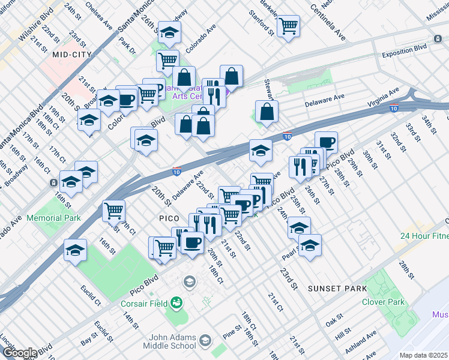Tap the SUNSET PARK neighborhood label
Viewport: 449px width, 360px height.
pos(337,289)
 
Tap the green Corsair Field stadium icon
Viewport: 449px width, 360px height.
pos(176,302)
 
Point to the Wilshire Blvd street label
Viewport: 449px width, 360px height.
pos(34,28)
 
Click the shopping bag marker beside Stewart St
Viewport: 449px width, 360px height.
pos(267,112)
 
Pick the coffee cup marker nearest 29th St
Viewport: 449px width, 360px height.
pos(326,143)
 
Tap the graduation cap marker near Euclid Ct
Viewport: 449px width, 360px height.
pos(76,250)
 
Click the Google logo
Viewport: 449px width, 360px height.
pos(19,353)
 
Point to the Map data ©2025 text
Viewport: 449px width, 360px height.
pos(423,355)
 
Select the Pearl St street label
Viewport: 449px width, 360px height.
pos(290,252)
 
